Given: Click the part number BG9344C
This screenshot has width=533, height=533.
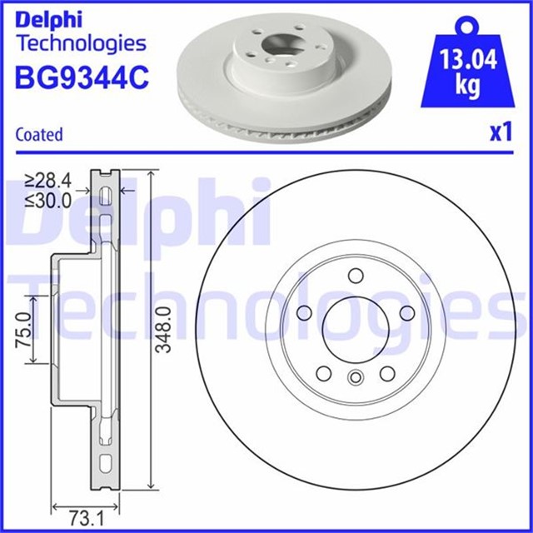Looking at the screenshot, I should pos(82,77).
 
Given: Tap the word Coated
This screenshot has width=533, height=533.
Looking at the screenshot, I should pos(39,134).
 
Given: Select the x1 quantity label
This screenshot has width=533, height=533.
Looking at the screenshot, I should pos(498,132).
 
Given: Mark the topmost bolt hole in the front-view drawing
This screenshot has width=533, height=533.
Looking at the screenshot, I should pos(355,276).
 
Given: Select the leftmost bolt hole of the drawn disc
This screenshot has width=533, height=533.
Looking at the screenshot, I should pos(305,311).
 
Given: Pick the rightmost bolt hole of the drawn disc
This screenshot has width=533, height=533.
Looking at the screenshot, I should pos(406,311).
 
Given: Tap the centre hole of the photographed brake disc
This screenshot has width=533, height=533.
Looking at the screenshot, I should pos(273,47).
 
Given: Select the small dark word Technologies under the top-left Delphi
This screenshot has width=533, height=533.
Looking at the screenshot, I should pos(81,43).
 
